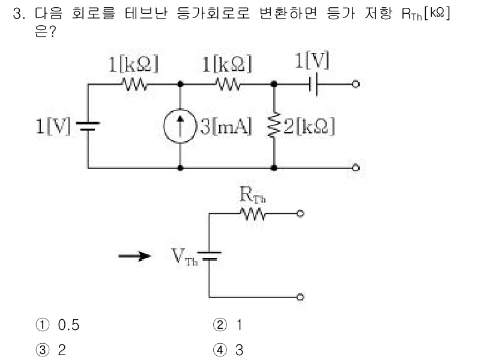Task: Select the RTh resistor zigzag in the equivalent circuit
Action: click(255, 213)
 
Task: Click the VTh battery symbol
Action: click(208, 255)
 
